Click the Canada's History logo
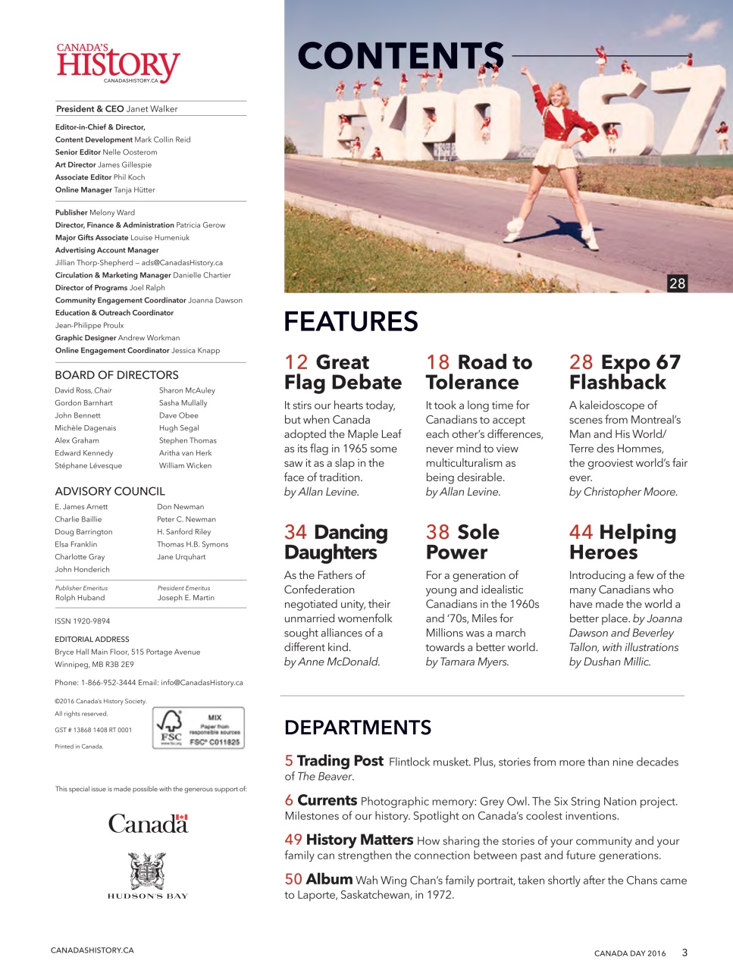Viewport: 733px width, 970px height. pos(117,64)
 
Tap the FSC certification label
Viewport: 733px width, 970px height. pos(198,727)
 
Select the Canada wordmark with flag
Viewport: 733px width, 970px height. pos(148,824)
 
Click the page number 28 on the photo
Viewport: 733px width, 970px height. pos(677,283)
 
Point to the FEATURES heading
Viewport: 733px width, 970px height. pos(350,321)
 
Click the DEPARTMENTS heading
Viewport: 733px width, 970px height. pos(357,727)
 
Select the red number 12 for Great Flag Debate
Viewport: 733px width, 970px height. pos(296,362)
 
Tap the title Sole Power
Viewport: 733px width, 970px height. pos(462,542)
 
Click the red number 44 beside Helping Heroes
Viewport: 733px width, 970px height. pos(581,533)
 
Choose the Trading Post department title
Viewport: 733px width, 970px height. pos(340,761)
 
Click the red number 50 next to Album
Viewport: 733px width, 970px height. pos(293,879)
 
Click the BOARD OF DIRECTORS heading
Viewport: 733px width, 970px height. pos(117,375)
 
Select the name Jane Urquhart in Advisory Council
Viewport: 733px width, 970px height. pos(181,557)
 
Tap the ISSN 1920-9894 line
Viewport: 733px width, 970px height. pos(82,621)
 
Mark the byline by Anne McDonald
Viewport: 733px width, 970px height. pos(332,662)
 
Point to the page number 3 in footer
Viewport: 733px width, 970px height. pos(684,953)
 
